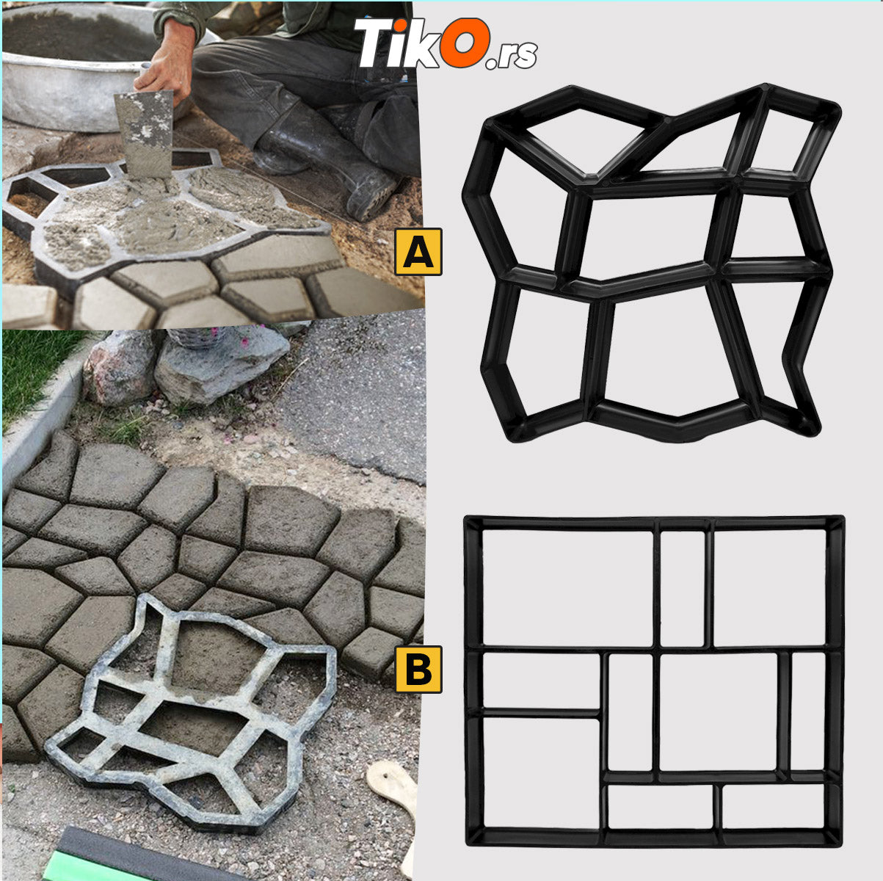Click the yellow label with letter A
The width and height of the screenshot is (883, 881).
coord(418,252)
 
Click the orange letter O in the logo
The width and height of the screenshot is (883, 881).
coord(464,42)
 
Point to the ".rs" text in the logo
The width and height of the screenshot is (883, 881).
coord(512,54)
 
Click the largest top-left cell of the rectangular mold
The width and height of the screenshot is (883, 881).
coord(567,588)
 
